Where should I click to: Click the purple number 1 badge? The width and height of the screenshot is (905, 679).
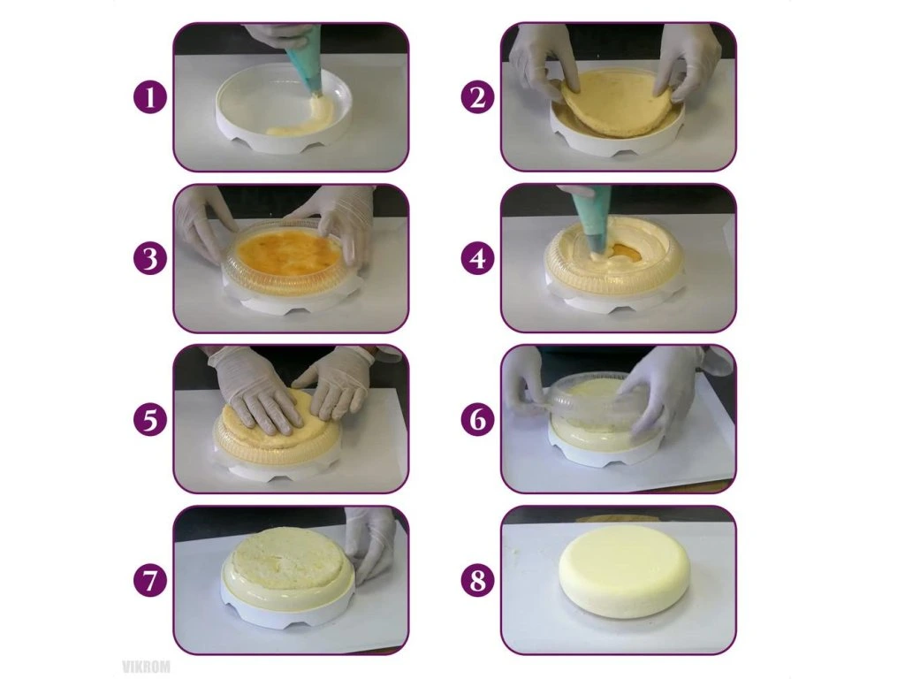[150, 97]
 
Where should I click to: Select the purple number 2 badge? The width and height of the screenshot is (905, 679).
[478, 97]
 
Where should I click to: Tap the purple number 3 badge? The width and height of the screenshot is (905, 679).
[150, 258]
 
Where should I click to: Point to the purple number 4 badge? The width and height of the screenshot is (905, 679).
[478, 258]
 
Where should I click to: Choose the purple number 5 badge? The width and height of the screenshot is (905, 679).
[150, 419]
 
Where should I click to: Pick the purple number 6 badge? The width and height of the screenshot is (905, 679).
[478, 419]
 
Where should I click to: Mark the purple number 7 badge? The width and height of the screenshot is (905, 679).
[150, 580]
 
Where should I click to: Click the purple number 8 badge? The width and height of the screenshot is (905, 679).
[478, 580]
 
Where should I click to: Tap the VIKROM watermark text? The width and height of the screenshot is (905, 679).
[147, 668]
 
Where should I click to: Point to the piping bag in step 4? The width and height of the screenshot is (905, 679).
[589, 225]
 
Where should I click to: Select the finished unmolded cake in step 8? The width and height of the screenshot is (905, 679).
[625, 570]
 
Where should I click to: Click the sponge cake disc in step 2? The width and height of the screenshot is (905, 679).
[616, 104]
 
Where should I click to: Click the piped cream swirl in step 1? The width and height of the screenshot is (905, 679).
[303, 118]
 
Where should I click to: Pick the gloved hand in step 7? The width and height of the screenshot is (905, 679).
[369, 542]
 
